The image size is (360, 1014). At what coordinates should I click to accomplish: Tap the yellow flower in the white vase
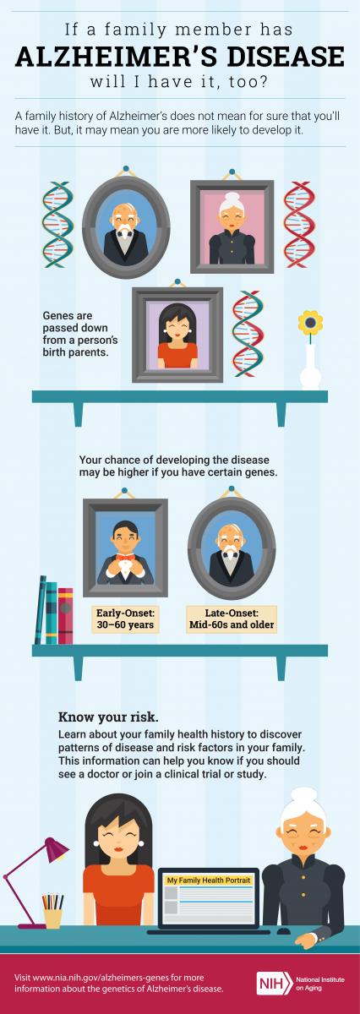pos(310,323)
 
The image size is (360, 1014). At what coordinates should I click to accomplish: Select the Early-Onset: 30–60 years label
pos(125,619)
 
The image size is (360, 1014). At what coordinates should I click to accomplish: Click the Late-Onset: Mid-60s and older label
pos(232,619)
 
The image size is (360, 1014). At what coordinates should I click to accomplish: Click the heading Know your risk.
pos(108,717)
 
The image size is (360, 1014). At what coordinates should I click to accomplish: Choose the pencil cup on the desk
pos(53,916)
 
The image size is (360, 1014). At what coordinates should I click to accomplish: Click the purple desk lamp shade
pos(56,850)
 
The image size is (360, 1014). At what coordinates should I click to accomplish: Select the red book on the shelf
pos(66,616)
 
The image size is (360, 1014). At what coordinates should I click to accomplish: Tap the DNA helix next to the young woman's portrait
pos(248,334)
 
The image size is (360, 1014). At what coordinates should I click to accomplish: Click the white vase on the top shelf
pos(311,367)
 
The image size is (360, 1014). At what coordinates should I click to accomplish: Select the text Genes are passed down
pos(74,321)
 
